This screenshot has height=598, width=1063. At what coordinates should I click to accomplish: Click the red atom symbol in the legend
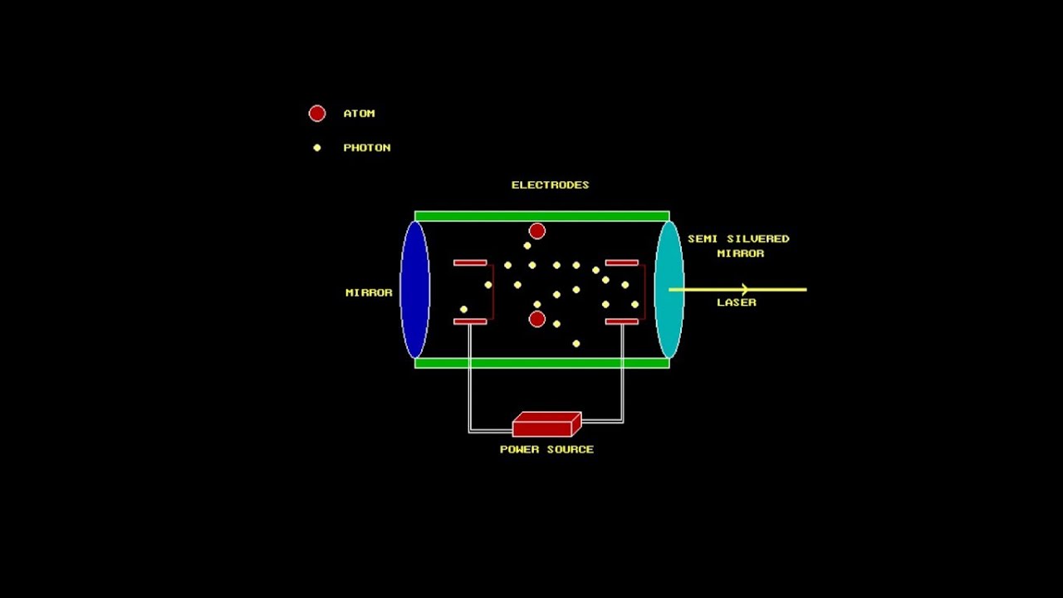(317, 114)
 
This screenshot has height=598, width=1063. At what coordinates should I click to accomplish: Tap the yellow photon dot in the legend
(316, 148)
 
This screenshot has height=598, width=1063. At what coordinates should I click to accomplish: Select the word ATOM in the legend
(359, 114)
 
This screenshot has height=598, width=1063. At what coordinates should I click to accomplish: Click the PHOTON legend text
(366, 148)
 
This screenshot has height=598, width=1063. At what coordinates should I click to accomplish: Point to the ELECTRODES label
(550, 185)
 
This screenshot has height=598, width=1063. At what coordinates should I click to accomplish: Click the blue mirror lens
(415, 289)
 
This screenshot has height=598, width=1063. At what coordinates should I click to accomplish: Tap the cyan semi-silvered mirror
(669, 289)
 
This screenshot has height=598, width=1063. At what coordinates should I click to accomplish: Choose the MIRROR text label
(369, 293)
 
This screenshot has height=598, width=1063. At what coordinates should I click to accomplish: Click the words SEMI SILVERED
(737, 239)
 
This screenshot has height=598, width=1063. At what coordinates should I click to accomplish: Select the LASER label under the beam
(737, 303)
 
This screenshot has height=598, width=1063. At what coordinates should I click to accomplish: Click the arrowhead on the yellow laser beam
(745, 289)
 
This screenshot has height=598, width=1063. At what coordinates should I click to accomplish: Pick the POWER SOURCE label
(546, 449)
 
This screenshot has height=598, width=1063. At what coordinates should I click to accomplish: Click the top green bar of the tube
(541, 217)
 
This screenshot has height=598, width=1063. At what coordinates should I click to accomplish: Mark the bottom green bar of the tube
(541, 363)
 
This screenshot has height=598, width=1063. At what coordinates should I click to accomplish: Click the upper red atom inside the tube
(537, 231)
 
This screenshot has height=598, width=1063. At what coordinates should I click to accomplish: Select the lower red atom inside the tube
(537, 319)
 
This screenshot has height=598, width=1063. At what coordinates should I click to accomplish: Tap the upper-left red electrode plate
(470, 263)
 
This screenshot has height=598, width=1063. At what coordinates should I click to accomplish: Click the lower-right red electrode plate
(621, 321)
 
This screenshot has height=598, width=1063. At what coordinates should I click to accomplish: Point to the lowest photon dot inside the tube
(576, 343)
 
